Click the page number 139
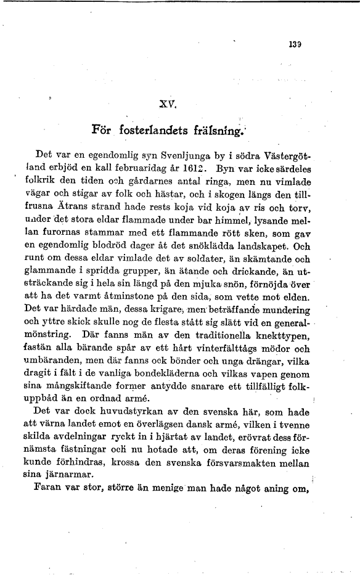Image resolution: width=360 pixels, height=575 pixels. (x=293, y=44)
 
